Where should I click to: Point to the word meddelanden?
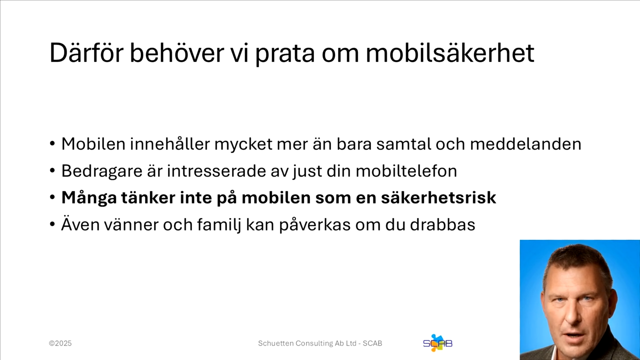pos(525,144)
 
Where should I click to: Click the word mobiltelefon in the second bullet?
pos(406,171)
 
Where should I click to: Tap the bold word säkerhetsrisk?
pos(438,198)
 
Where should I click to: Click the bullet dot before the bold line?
pos(52,198)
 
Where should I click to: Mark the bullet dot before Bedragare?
pos(52,171)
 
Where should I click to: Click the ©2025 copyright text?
pos(60,343)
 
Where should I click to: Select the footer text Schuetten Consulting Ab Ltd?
pos(307,343)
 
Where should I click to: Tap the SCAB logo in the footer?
pos(437,343)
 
